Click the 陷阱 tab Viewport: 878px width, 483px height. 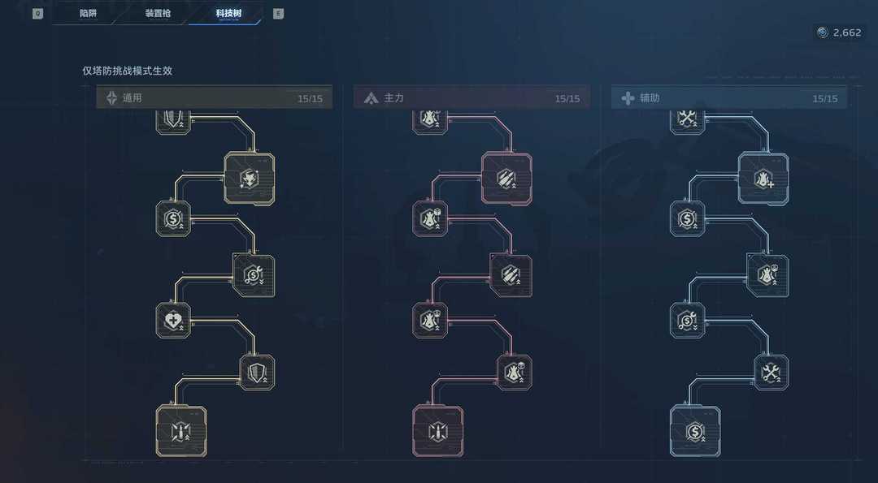point(89,14)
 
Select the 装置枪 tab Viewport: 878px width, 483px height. point(158,14)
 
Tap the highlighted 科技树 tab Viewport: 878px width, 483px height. point(228,14)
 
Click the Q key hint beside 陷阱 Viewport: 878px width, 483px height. point(37,14)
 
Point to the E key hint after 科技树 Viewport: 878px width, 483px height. point(279,14)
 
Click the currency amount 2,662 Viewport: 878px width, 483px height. point(847,32)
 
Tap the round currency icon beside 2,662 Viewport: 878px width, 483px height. point(823,32)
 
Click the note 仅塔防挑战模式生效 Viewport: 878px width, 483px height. point(127,71)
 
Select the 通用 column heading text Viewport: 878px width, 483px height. point(133,98)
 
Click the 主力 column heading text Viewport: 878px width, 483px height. point(393,98)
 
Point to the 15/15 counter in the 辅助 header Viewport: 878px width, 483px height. point(824,99)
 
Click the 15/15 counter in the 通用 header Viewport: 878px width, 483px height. point(310,99)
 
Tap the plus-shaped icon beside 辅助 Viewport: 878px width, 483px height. point(628,98)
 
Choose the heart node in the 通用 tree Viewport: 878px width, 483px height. point(173,320)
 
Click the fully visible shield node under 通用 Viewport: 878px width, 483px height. point(258,372)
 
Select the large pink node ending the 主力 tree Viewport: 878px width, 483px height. point(438,430)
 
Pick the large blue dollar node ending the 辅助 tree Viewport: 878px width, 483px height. point(695,431)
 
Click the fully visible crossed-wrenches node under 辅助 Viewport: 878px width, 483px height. point(771,372)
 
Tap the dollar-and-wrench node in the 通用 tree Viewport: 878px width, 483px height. point(254,275)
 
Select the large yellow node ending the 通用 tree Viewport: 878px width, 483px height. point(180,430)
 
